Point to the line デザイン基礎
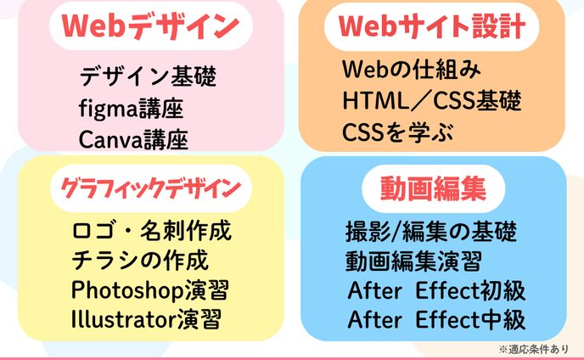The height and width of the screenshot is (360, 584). point(148,77)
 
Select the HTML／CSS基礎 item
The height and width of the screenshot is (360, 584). point(431,101)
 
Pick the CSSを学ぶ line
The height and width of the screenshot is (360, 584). point(398,132)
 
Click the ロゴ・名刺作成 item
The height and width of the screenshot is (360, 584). point(152,231)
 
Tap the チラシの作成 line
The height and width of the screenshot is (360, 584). point(140,260)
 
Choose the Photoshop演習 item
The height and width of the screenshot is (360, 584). point(151,290)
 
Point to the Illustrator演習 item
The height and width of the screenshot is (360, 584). point(147,320)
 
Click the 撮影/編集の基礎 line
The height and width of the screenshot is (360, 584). point(430,231)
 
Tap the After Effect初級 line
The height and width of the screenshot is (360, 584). point(436,290)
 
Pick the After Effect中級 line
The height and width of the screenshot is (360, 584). point(436,320)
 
